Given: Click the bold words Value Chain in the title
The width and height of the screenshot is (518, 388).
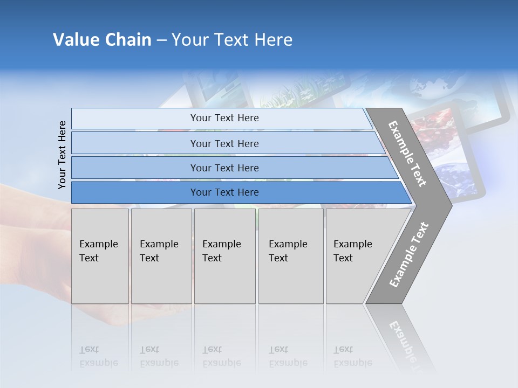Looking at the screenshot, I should point(102,40).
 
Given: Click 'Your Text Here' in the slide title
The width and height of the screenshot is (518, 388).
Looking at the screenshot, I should point(232,40).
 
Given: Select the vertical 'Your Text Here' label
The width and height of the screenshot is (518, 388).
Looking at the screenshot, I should point(62,155).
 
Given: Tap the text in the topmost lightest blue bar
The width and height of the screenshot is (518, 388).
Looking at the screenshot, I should point(224,118).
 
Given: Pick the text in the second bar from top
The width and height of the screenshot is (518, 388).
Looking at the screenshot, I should point(224,144).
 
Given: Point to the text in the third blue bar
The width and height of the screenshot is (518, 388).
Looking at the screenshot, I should point(224,168).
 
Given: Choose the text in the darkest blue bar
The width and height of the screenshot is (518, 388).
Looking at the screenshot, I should point(224,192).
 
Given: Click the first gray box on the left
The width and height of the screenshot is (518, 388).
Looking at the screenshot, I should point(100,256).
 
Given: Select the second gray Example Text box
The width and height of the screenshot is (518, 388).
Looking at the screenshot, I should point(161,256).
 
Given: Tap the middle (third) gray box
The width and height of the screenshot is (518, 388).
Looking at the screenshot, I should point(224,256).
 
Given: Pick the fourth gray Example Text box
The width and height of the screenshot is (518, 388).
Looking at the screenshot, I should point(290,256).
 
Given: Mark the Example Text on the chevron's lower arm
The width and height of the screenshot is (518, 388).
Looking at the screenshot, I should point(409,254).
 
